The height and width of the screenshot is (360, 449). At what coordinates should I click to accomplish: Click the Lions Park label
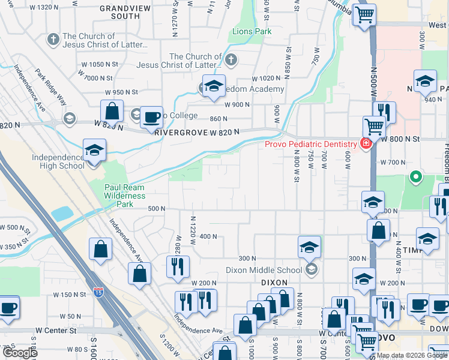(248, 31)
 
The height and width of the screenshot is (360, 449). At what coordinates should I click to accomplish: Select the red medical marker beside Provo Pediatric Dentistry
(365, 143)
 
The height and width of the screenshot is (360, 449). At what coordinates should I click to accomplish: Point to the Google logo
(20, 352)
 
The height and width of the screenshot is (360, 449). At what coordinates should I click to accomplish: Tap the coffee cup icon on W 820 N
(152, 116)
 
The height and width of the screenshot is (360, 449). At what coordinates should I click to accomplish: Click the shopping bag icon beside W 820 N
(112, 110)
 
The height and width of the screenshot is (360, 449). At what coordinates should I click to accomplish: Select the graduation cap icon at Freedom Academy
(213, 86)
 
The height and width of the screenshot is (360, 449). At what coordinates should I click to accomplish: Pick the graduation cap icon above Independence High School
(94, 150)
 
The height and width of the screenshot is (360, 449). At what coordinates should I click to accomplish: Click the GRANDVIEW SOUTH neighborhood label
(120, 13)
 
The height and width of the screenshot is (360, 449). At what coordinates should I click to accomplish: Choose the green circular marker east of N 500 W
(415, 177)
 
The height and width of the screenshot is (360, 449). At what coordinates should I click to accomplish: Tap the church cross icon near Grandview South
(53, 40)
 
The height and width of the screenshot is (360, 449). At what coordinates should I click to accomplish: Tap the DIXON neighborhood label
(276, 282)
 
